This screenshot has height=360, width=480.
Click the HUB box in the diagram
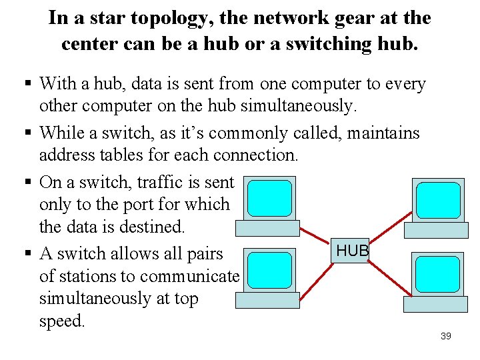point(352,251)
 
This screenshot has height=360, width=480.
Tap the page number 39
point(446,336)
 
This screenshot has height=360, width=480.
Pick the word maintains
point(383,133)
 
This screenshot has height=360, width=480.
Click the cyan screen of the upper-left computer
point(269,198)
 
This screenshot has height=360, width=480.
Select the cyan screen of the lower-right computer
point(437,274)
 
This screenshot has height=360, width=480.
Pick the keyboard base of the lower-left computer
point(269,300)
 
